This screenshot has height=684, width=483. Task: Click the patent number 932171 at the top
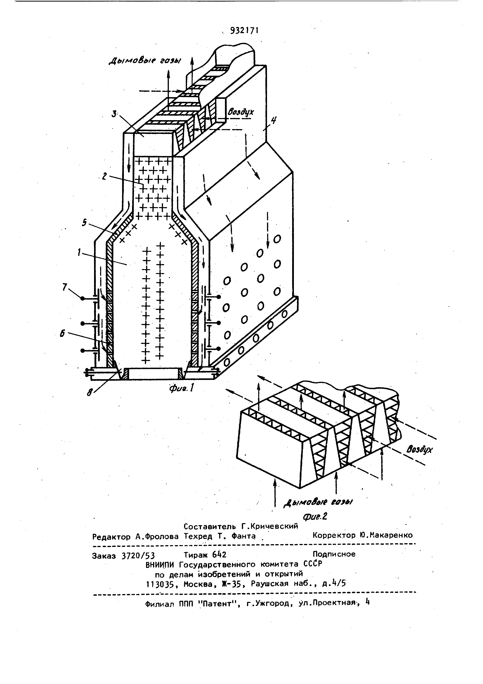pyautogui.click(x=244, y=31)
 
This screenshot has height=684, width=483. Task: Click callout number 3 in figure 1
pyautogui.click(x=114, y=114)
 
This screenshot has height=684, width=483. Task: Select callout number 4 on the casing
pyautogui.click(x=273, y=121)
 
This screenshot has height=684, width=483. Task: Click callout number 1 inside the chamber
pyautogui.click(x=79, y=253)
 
